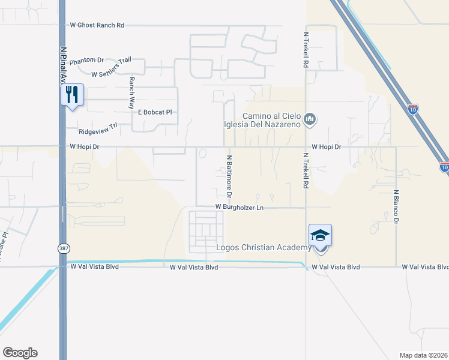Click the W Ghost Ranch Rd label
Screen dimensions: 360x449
tap(97, 25)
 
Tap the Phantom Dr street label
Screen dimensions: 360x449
tap(86, 61)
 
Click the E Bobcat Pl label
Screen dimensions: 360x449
tap(155, 112)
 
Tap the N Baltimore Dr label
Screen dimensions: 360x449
tap(229, 176)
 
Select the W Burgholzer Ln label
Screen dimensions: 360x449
tap(240, 208)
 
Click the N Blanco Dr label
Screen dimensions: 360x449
tap(396, 207)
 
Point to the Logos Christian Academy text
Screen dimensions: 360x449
tap(264, 248)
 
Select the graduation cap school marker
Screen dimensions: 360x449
tap(320, 236)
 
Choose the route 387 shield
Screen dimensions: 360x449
tap(64, 248)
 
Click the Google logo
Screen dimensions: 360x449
tap(20, 353)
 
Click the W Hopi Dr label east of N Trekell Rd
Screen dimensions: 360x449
tap(326, 146)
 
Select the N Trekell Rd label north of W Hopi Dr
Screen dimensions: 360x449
tap(306, 50)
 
